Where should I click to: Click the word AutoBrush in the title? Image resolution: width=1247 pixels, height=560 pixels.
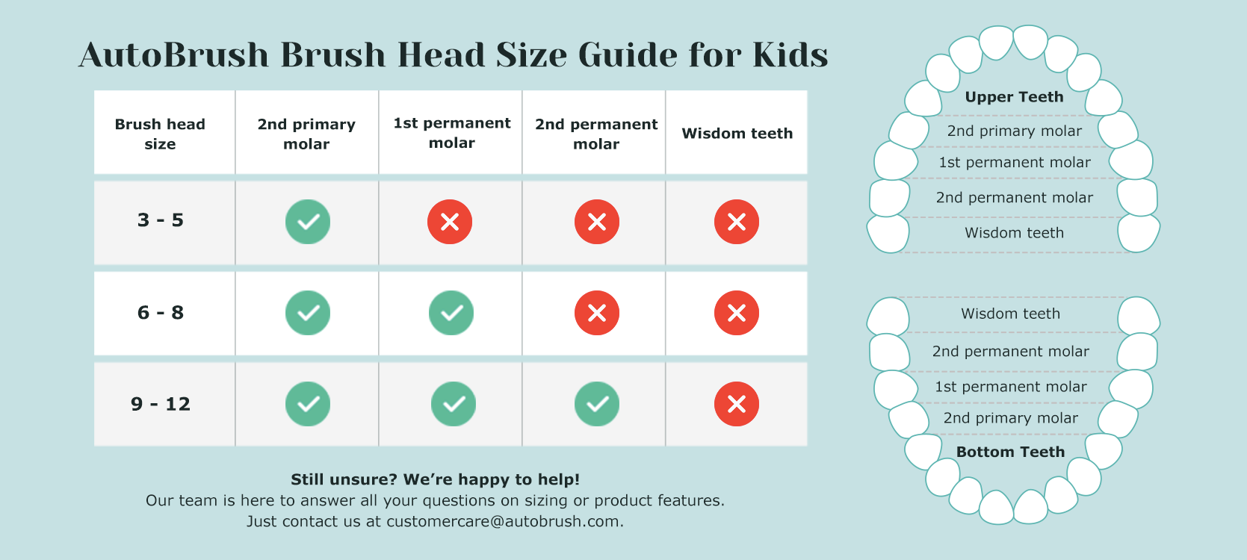(173, 55)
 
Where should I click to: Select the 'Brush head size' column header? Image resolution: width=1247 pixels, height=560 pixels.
(161, 134)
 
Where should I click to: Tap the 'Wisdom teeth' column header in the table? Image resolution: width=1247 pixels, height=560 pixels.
(737, 134)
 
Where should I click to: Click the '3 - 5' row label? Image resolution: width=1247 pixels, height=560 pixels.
(161, 220)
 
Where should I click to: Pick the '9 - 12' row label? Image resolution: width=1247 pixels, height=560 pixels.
(161, 404)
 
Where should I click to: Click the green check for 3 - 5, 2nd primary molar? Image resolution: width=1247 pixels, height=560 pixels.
(308, 222)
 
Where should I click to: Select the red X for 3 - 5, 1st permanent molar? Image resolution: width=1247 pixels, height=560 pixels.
(450, 222)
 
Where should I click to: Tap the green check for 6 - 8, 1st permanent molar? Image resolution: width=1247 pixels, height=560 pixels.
(451, 313)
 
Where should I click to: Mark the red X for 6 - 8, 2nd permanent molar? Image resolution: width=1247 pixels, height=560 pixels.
(597, 313)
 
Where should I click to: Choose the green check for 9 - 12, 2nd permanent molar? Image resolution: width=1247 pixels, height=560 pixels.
(597, 404)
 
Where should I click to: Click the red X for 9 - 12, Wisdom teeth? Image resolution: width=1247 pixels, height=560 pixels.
(737, 404)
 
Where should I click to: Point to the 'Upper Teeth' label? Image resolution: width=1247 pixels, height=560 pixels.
(1015, 97)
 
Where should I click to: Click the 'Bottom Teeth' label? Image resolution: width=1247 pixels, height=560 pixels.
(1010, 452)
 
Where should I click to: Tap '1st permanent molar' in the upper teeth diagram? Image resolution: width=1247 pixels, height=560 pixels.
(1015, 162)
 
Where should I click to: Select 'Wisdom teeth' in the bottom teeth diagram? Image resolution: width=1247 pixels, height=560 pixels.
(1010, 314)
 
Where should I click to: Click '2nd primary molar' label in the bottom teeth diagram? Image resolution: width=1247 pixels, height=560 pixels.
(1010, 418)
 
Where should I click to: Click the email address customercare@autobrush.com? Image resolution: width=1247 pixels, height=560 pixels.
(503, 522)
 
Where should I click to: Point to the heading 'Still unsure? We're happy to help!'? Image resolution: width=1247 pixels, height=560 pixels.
(436, 479)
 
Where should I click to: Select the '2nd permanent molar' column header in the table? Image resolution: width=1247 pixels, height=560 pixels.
(596, 134)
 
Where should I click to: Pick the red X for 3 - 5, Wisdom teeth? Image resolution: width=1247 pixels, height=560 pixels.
(737, 222)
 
